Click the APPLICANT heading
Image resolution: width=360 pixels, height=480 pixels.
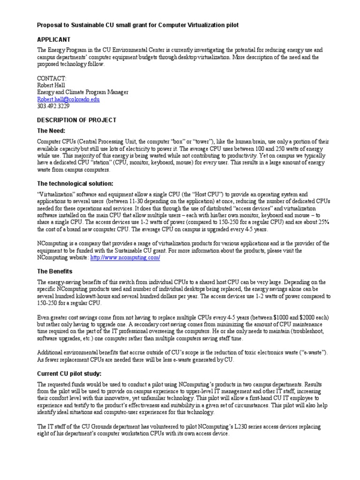pos(53,39)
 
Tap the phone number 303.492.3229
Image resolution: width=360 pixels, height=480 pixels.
pos(52,106)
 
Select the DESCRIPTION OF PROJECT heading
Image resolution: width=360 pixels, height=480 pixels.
pos(76,120)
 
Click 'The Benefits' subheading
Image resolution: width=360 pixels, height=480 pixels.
pos(54,271)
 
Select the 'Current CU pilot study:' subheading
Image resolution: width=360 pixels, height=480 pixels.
pos(69,373)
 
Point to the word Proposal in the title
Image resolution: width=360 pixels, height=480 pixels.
pos(51,24)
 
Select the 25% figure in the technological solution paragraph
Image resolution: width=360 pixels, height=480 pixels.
pos(324,222)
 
